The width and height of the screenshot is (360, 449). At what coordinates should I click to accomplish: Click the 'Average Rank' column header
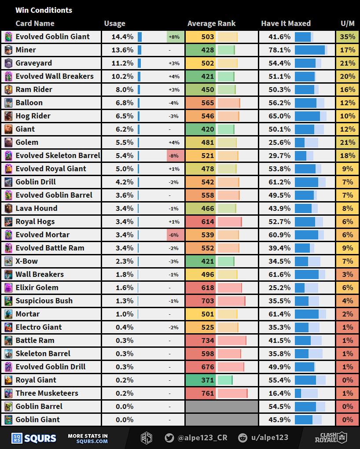[x=211, y=23]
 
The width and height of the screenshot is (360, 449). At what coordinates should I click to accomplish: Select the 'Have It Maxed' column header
[x=286, y=23]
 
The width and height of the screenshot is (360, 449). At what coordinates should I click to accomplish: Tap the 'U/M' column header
[x=347, y=23]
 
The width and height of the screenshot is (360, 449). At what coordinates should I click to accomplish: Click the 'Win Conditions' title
[x=44, y=10]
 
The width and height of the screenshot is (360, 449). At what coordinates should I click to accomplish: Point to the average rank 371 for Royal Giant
[x=208, y=380]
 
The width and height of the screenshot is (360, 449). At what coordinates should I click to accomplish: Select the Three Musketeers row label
[x=47, y=393]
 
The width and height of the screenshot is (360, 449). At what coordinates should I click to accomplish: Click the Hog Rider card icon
[x=8, y=116]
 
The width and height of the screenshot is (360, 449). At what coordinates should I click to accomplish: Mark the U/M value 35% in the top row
[x=348, y=37]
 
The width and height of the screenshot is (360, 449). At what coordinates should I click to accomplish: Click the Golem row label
[x=27, y=142]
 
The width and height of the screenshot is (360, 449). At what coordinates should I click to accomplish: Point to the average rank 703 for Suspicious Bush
[x=208, y=301]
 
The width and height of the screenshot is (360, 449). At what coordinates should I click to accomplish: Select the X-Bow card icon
[x=8, y=261]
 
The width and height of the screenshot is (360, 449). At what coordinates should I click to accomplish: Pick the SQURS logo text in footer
[x=40, y=438]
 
